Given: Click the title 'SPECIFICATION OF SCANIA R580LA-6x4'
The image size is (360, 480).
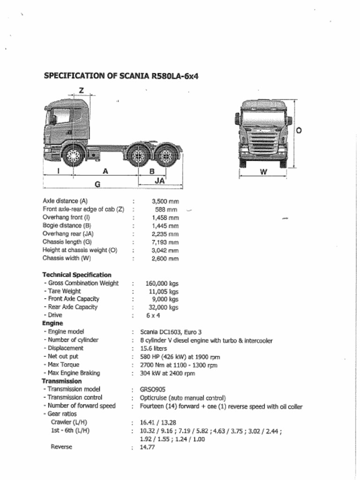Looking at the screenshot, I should [121, 76].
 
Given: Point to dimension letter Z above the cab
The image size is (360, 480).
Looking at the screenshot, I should [81, 90].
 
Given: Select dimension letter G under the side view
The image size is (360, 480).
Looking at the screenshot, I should [97, 184].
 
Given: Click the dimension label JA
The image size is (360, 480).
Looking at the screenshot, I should [160, 180].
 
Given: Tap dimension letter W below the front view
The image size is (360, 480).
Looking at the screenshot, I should [263, 172].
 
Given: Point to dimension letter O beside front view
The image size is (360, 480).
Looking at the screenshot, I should [299, 130].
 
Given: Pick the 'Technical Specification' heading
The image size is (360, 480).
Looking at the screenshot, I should [77, 275].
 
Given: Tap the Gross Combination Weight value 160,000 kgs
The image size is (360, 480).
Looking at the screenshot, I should [162, 283].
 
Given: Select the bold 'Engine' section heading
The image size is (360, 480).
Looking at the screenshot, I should [52, 323].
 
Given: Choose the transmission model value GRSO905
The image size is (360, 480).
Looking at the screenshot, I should [152, 389].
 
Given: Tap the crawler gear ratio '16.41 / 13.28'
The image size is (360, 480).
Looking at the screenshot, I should [158, 422].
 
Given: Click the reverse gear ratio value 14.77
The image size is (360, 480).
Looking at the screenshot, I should [147, 447].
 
